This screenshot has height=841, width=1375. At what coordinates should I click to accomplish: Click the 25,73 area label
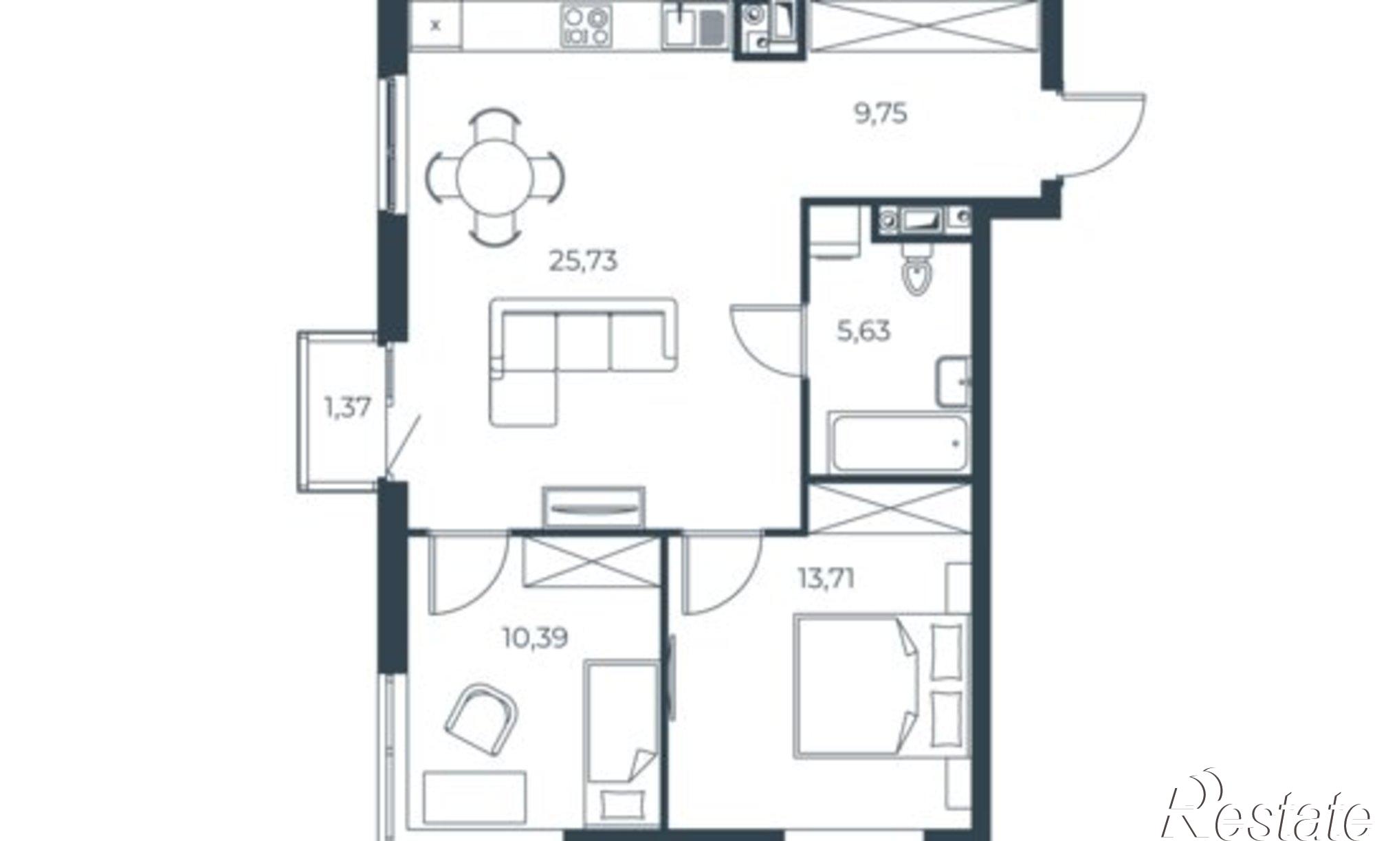583,261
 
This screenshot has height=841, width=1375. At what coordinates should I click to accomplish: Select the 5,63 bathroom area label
863,331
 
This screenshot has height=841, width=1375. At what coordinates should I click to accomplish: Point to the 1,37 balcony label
348,408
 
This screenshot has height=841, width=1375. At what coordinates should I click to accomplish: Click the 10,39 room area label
536,639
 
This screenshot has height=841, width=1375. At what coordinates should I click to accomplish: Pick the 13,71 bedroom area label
826,580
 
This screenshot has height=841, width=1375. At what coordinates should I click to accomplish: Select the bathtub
899,442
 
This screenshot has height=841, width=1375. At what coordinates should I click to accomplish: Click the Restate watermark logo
1265,811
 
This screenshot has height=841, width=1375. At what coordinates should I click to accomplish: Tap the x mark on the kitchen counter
434,26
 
